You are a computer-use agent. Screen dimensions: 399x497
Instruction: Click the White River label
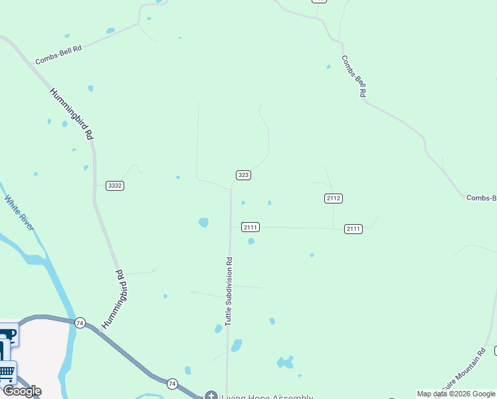pos(19,213)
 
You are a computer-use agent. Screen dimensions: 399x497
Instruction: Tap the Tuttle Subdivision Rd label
pos(229,291)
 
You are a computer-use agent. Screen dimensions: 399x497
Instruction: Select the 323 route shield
pos(243,175)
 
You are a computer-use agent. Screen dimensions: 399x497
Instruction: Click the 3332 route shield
pos(115,186)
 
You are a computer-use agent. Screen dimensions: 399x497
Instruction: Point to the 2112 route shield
pos(334,198)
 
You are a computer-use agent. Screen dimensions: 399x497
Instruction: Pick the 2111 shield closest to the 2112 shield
pos(353,229)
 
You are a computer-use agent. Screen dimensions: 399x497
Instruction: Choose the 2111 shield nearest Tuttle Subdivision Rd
pos(250,227)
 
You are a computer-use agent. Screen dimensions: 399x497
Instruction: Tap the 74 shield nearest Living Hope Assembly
pos(172,384)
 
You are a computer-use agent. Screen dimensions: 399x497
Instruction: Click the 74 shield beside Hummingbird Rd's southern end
pos(80,323)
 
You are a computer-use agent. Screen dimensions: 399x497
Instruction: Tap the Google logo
pos(22,391)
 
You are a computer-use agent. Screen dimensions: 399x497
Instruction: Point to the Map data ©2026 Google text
pos(456,394)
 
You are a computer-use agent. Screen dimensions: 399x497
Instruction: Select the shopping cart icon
pos(6,371)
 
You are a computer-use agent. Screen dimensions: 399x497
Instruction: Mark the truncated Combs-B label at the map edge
pos(481,198)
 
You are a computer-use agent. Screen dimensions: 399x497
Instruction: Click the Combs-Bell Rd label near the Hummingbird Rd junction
pos(58,53)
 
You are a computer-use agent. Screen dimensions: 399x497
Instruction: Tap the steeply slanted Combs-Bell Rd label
pos(354,76)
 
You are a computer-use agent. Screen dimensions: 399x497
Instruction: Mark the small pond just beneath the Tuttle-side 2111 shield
pos(251,241)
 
